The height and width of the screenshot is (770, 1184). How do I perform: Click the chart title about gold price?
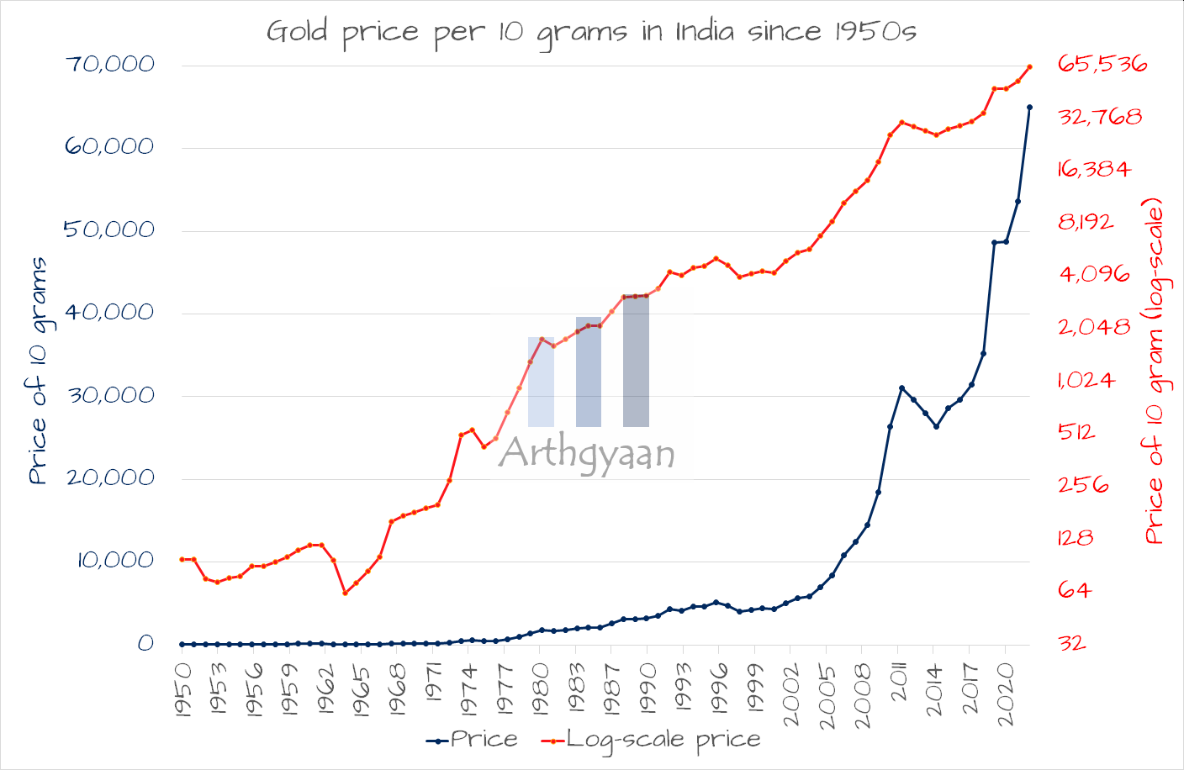point(591,32)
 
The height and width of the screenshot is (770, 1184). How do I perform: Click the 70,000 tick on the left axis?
point(110,64)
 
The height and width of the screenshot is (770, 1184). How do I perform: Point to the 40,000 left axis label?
point(110,312)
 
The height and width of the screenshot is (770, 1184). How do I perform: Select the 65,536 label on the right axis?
point(1102,64)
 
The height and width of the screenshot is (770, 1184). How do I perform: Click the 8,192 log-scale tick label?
point(1086,222)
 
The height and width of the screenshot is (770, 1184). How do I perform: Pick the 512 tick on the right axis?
point(1076,432)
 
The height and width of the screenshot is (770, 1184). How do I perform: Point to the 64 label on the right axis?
point(1075,590)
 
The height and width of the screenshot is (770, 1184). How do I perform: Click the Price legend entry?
point(472,740)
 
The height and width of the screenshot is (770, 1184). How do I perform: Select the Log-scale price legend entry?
point(651,740)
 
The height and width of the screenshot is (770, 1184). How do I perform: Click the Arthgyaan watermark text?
point(587,454)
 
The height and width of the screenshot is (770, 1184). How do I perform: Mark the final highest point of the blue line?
point(1029,108)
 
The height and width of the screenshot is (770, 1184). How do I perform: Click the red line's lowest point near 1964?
point(345,593)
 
